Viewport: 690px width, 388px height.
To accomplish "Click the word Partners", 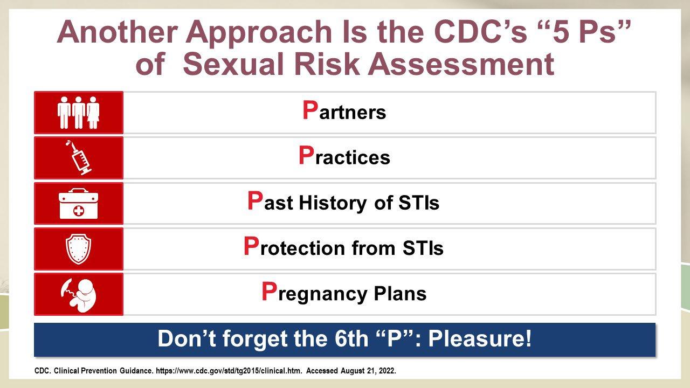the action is point(344,110).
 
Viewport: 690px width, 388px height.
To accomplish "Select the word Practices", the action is point(344,156).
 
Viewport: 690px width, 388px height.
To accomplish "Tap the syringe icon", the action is point(79,158).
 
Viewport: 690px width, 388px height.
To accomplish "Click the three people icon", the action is point(79,113).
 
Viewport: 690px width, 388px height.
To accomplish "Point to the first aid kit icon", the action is point(79,204).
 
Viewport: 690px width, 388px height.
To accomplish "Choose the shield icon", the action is point(79,249).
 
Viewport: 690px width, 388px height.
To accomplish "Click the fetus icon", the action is point(79,295).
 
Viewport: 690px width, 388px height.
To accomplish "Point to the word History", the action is point(333,203).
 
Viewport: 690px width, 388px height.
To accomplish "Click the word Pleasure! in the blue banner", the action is point(480,338).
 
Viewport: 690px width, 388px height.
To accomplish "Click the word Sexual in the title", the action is point(233,64).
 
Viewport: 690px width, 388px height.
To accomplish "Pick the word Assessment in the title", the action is point(461,64).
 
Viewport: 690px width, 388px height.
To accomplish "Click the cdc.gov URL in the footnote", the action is point(229,371).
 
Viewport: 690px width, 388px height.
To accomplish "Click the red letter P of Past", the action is point(255,200).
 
